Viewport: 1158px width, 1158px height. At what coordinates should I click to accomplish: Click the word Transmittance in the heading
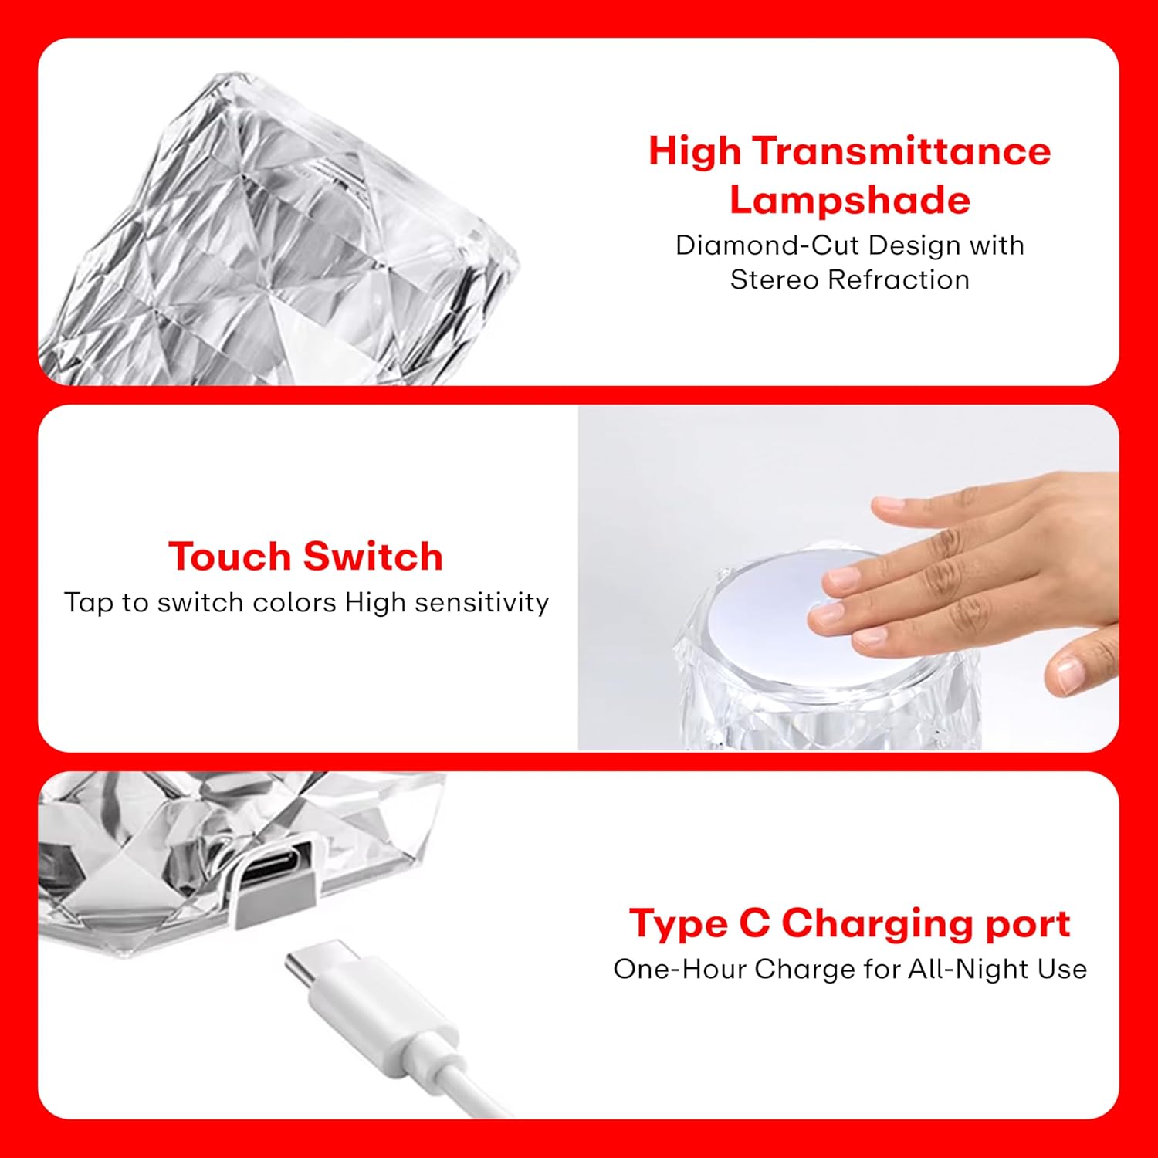[902, 151]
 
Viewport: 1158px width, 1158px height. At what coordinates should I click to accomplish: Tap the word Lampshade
[849, 200]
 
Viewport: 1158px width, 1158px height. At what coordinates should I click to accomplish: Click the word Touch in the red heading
[229, 557]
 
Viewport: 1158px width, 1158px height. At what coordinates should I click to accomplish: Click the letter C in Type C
[754, 923]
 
